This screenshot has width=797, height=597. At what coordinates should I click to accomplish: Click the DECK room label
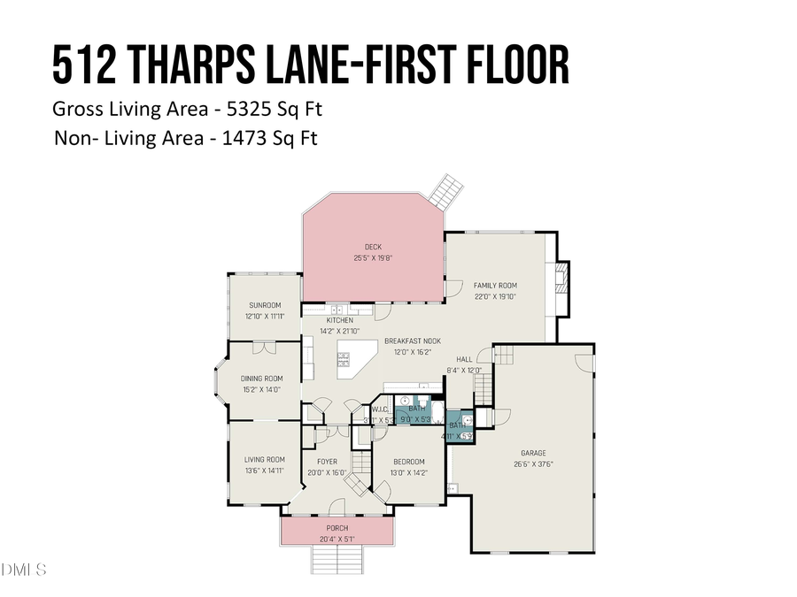[373, 247]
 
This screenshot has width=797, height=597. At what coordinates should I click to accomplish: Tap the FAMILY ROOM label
[495, 286]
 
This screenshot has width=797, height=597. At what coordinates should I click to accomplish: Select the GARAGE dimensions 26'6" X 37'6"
[533, 463]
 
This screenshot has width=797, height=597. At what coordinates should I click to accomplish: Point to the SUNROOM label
[264, 305]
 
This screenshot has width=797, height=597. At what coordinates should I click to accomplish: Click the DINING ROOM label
[262, 379]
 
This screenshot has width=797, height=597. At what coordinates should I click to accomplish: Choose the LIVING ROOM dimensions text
[264, 471]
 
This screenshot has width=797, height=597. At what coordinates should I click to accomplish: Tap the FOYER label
[327, 461]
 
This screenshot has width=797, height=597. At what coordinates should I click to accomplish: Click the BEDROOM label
[408, 462]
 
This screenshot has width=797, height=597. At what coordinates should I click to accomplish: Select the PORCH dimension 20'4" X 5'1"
[337, 539]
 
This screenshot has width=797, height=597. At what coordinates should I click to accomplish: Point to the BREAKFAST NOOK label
[412, 341]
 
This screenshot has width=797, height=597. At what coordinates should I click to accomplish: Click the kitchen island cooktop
[345, 359]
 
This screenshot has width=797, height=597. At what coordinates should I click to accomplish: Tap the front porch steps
[337, 560]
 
